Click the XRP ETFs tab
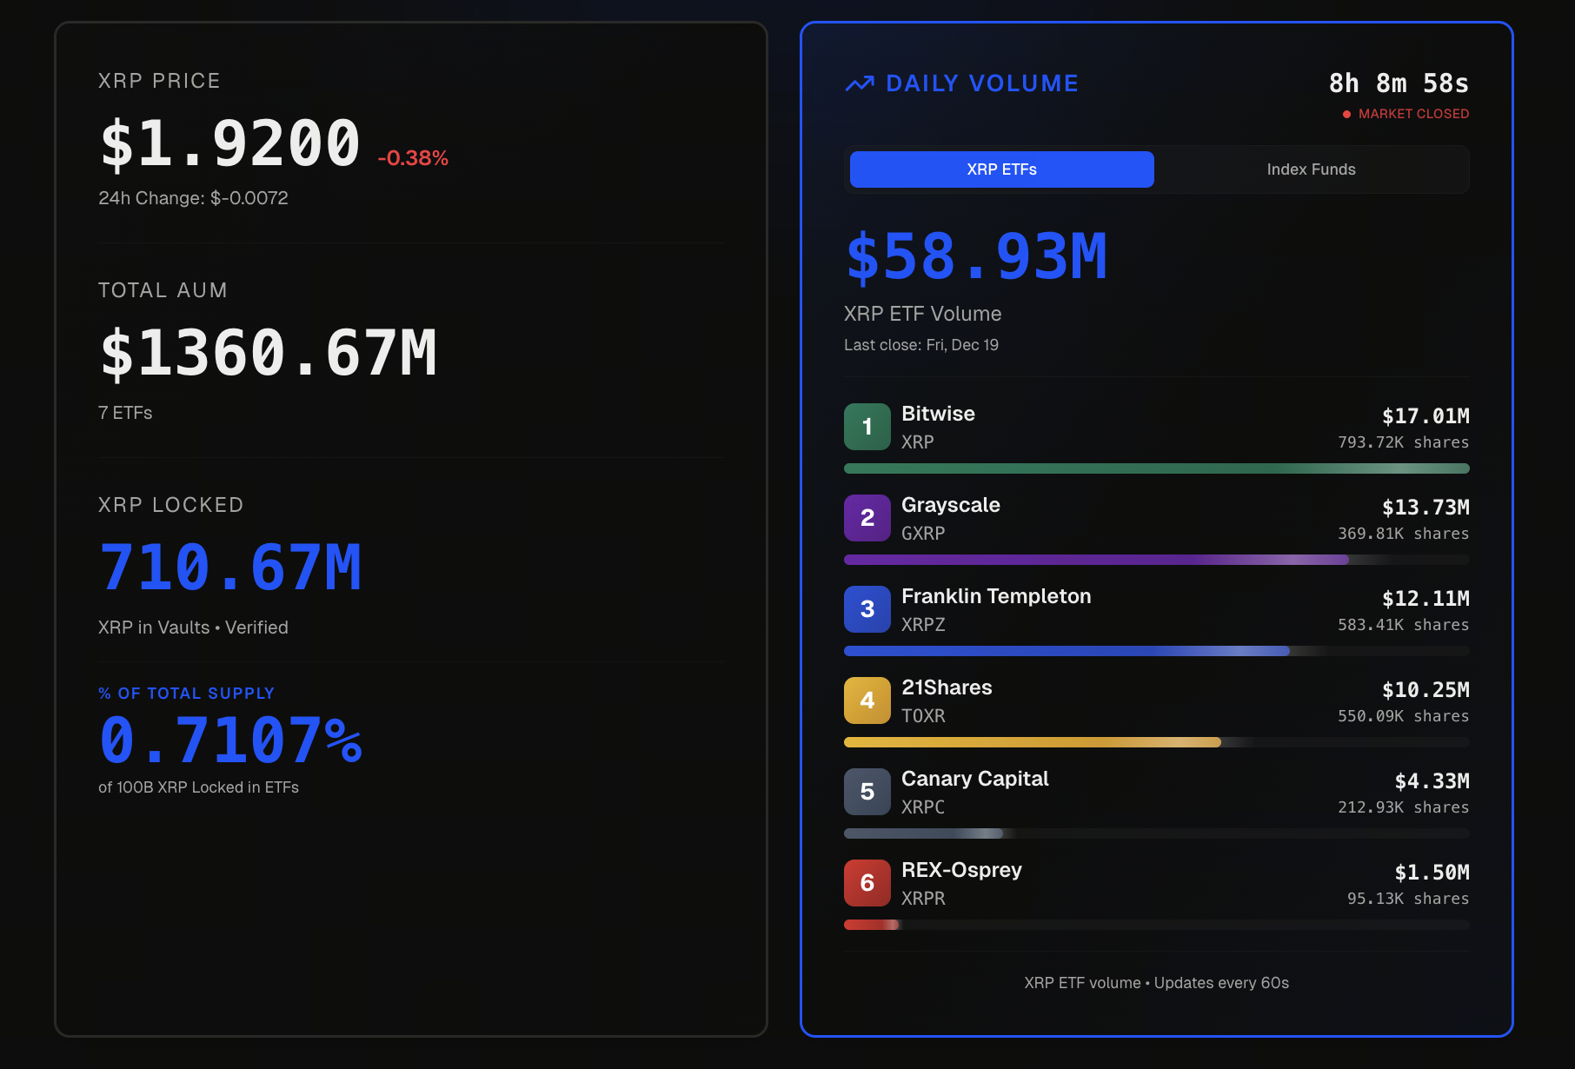(1001, 169)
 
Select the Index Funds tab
(1311, 169)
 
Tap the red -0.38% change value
(413, 158)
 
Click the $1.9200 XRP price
(230, 143)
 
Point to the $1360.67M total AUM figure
(269, 354)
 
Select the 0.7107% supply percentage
(230, 740)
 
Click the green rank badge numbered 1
(867, 427)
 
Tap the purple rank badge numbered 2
(867, 518)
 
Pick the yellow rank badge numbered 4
(867, 700)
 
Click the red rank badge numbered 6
(867, 883)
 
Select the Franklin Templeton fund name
(996, 596)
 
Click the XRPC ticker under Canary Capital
(923, 807)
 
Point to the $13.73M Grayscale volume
(1425, 508)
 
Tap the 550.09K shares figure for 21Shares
(1403, 716)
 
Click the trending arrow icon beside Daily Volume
(860, 83)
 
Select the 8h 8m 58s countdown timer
(1399, 83)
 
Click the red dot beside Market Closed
(1346, 114)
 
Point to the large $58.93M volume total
(977, 257)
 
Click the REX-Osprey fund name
(961, 870)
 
